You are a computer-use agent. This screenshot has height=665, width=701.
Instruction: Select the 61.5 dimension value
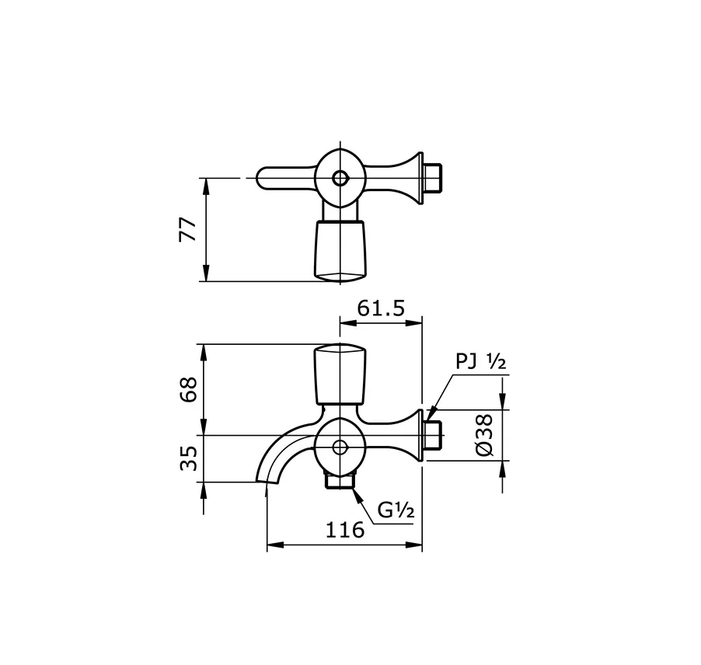coord(381,308)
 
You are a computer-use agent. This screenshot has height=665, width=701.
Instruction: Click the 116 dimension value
coord(344,531)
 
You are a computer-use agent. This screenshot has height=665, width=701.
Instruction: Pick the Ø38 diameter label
coord(483,435)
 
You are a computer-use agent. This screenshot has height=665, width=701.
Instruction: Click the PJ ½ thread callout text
coord(480,363)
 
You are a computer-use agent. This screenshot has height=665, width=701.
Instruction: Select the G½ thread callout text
coord(396,510)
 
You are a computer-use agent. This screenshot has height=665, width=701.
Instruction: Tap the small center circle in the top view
coord(340,178)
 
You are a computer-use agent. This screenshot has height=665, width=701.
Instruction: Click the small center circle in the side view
coord(340,447)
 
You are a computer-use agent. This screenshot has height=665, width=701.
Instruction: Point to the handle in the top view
coord(340,249)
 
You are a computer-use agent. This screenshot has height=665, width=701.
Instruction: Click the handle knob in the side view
coord(340,374)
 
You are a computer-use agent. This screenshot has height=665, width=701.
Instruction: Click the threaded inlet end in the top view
coord(434,178)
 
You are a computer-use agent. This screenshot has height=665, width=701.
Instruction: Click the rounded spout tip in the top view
coord(264,178)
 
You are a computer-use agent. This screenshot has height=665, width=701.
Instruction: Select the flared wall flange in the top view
coord(412,178)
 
